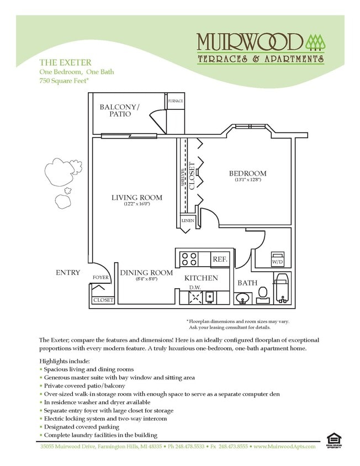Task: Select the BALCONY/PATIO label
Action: (x=120, y=110)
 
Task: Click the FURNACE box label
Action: (x=175, y=102)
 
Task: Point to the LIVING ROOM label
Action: (x=136, y=197)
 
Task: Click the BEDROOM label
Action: (x=247, y=173)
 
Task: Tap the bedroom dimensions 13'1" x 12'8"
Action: (x=247, y=181)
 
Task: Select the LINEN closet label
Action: (x=187, y=221)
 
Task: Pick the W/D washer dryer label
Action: (x=277, y=261)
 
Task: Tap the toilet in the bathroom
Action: (x=263, y=294)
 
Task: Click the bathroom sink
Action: (x=242, y=299)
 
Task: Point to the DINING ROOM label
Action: (x=146, y=273)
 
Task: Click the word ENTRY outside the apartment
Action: (x=68, y=273)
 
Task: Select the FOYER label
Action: (x=100, y=278)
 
